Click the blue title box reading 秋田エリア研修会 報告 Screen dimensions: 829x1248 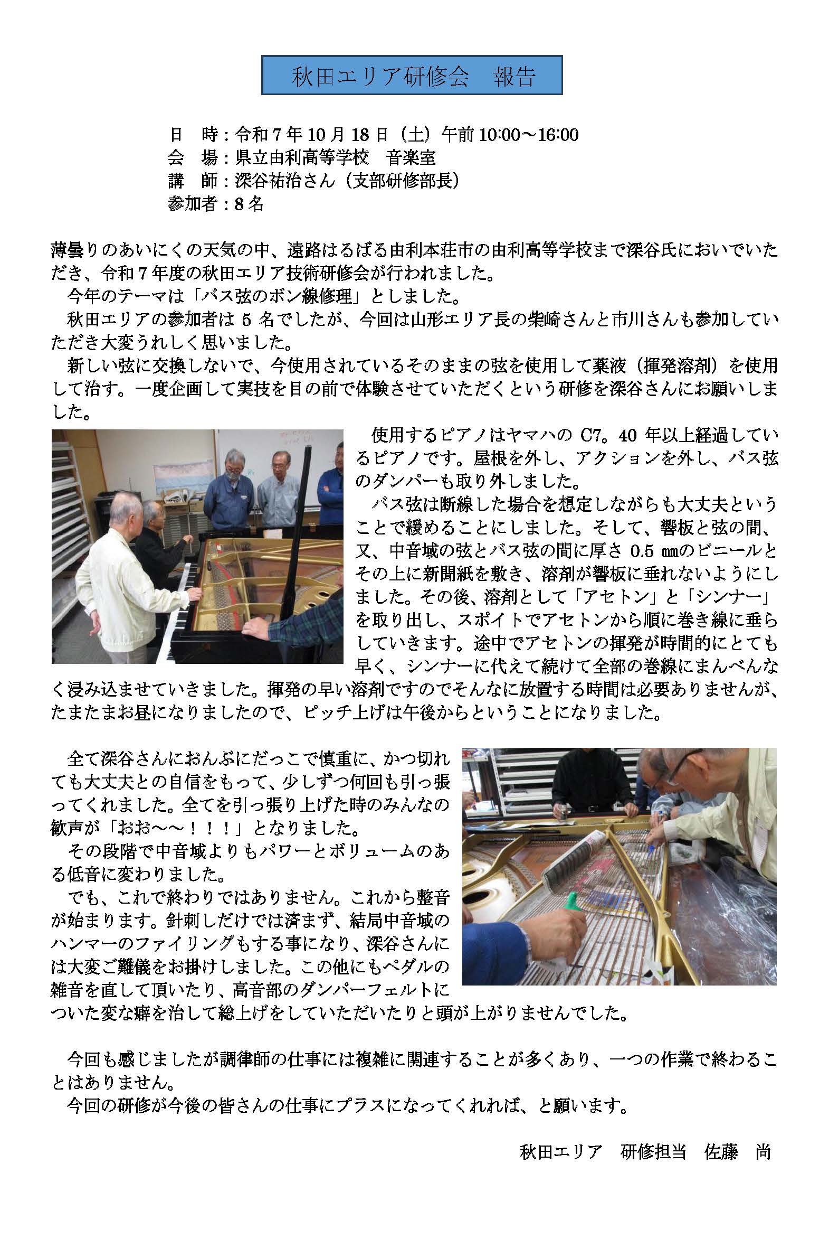[412, 76]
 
